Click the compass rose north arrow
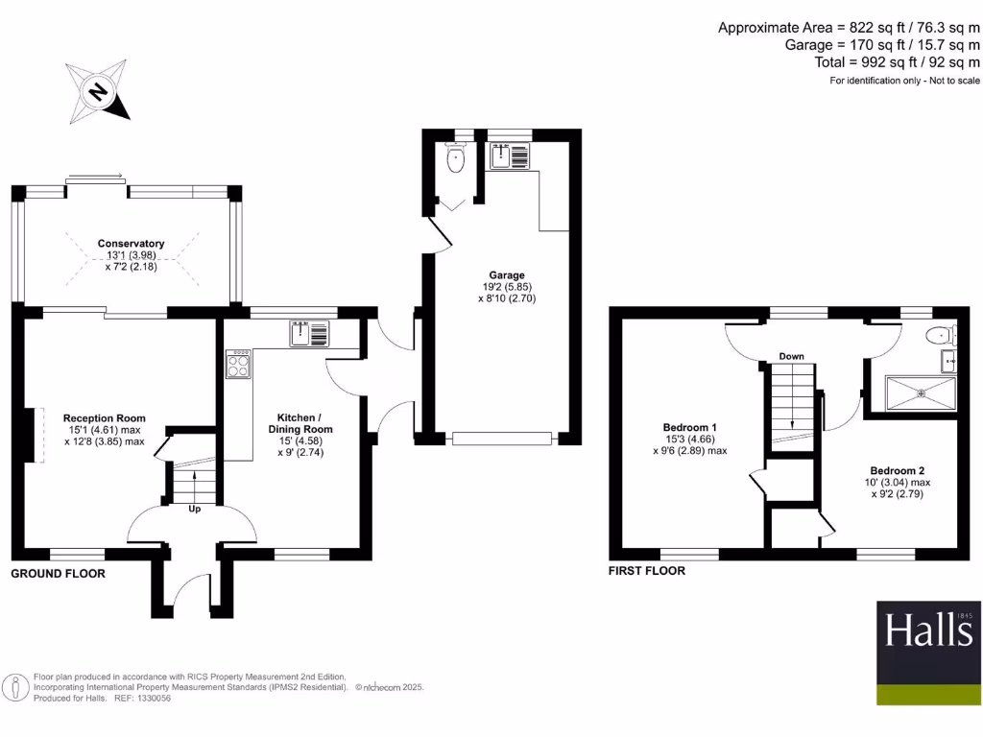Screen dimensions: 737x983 click(x=97, y=91)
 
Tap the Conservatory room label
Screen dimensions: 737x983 click(x=131, y=244)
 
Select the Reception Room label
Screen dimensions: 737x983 click(x=104, y=417)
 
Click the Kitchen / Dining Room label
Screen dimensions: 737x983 click(x=305, y=423)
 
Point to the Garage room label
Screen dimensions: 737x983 click(x=505, y=275)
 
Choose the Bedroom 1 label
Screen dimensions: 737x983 click(x=690, y=427)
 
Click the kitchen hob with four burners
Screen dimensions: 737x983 click(x=239, y=365)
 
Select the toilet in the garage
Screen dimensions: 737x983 click(x=455, y=159)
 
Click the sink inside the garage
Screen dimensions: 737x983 click(x=505, y=155)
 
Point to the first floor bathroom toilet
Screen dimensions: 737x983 click(x=940, y=336)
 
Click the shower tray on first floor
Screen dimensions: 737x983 click(x=920, y=392)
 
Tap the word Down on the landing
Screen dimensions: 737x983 click(x=791, y=356)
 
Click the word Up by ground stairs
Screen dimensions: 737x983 click(x=194, y=509)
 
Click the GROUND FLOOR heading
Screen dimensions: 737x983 click(x=58, y=574)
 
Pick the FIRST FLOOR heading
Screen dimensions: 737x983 click(x=647, y=571)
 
